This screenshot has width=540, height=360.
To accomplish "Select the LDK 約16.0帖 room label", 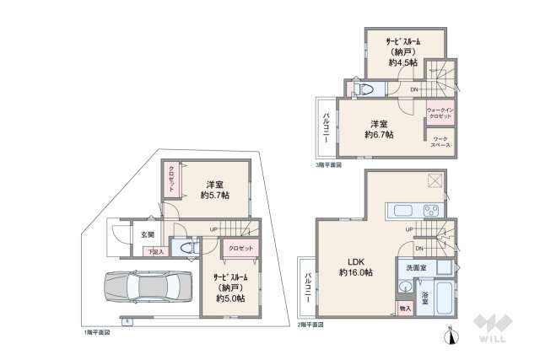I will [x=356, y=266].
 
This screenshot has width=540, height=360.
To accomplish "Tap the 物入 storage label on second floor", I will [x=404, y=309].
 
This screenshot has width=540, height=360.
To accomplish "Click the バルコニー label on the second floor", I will [x=309, y=288].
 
